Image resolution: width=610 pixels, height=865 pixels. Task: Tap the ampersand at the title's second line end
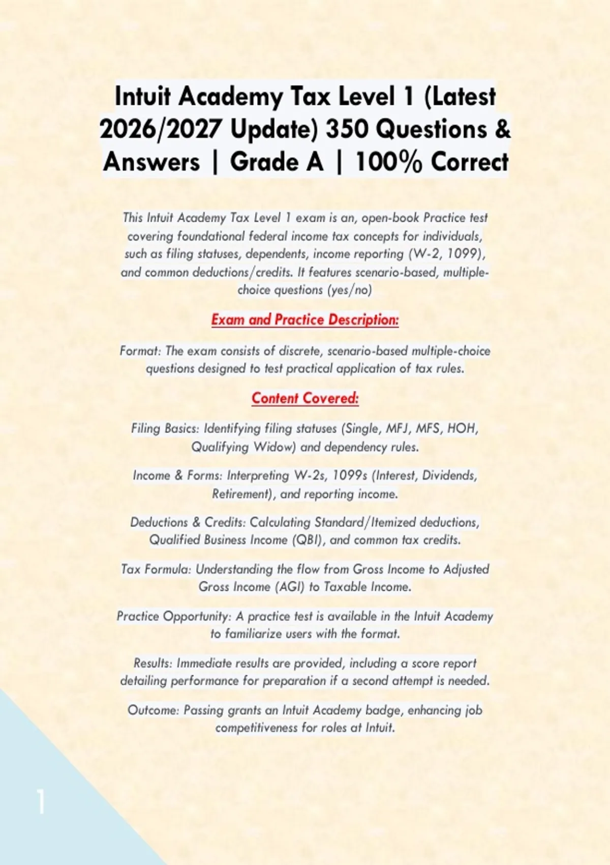[502, 129]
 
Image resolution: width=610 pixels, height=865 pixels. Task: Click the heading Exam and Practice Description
[305, 320]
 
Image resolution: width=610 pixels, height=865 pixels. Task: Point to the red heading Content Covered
[305, 398]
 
